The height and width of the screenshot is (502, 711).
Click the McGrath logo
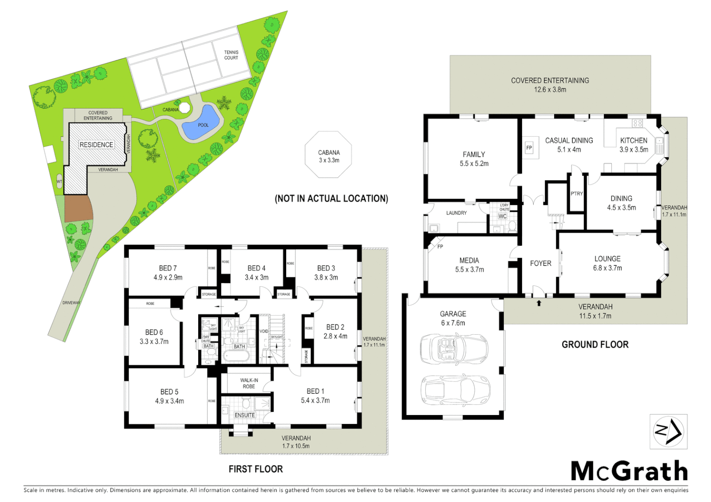pos(629,471)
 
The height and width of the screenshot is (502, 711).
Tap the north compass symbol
pos(668,432)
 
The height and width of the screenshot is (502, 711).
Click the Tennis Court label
pos(231,55)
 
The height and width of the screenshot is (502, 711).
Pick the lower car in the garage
pos(454,389)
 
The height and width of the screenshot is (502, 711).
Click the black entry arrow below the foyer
pos(539,303)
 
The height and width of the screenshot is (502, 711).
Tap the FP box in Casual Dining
pos(529,148)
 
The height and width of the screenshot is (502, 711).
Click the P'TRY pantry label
pos(577,193)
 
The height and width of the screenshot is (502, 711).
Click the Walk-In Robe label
pos(249,383)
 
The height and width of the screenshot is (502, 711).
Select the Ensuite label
pos(245,415)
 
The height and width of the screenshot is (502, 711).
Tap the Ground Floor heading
pos(595,344)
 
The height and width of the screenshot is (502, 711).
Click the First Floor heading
pos(255,469)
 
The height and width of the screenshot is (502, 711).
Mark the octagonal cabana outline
pos(329,155)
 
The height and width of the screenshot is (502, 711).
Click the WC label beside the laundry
pos(503,216)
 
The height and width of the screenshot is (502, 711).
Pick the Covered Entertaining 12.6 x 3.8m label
pos(550,85)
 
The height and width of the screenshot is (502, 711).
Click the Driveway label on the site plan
pos(71,303)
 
